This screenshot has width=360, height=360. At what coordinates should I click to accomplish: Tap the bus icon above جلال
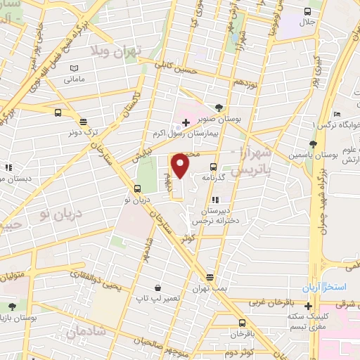(307, 11)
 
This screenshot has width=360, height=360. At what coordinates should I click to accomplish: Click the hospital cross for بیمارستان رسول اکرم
(185, 122)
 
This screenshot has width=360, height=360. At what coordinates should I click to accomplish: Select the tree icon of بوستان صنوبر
(219, 108)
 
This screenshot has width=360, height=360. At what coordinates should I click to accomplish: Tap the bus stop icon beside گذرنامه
(213, 167)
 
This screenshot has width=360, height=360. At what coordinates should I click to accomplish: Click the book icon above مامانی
(74, 68)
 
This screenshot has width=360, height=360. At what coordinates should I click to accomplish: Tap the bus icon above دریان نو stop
(136, 188)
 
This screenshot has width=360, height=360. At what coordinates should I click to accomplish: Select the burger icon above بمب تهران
(209, 277)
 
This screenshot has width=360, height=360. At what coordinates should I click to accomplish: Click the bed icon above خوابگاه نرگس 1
(337, 113)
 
